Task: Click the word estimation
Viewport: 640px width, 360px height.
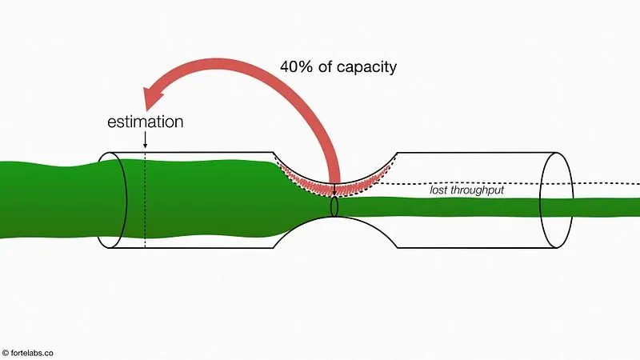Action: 146,122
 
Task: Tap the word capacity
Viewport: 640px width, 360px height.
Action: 367,67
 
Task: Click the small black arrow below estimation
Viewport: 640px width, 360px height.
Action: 145,141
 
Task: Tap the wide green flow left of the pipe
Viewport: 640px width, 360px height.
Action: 48,200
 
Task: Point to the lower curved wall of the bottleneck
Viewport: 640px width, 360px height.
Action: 336,225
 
